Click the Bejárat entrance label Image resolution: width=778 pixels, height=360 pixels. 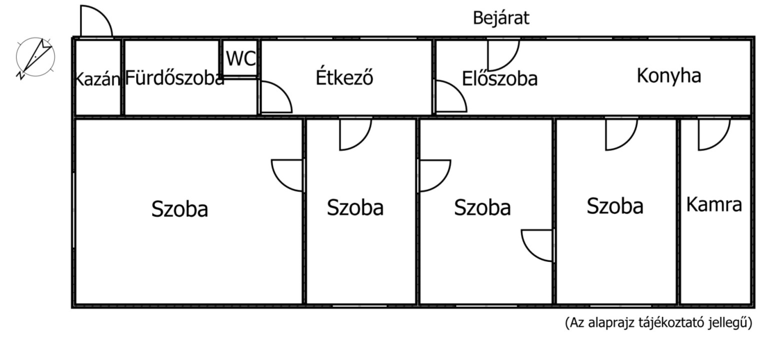pos(501,18)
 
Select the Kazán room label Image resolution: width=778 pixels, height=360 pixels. pos(97,79)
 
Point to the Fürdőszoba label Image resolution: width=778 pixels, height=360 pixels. pos(174,78)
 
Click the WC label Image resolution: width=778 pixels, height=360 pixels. pos(240,58)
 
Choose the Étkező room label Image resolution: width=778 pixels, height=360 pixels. pos(344,76)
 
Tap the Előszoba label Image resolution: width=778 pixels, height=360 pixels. pos(499,78)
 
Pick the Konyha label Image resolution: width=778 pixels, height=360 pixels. pos(668,76)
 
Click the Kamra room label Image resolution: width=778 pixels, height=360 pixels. pos(713,204)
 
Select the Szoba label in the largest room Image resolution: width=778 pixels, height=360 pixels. pos(179,208)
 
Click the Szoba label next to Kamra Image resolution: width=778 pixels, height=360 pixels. pos(615,205)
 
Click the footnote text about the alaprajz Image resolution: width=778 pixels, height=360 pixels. pos(658,323)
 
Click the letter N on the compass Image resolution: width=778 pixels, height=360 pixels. pos(20,75)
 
